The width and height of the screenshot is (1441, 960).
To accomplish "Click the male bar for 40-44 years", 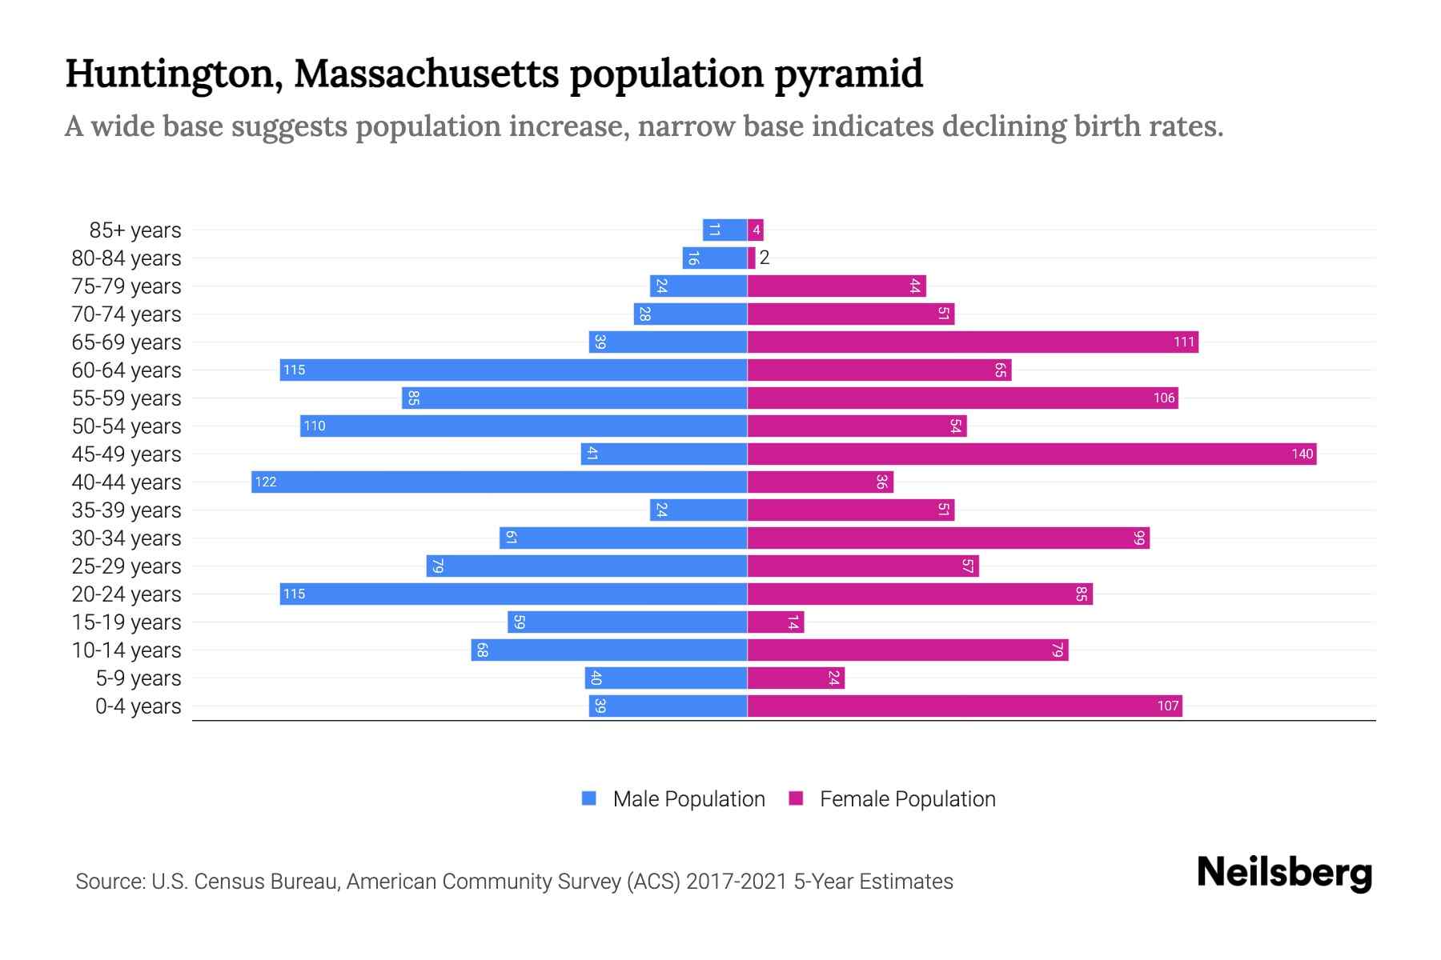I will coord(499,482).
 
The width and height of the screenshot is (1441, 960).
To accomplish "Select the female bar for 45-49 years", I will coord(1032,454).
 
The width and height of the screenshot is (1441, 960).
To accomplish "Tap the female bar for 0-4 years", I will coord(965,706).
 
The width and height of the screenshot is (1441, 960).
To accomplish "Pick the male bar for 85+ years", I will coord(725,230).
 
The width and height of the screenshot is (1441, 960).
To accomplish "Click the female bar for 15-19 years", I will coord(775,622).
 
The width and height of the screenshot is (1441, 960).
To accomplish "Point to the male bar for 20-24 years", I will coord(513,594).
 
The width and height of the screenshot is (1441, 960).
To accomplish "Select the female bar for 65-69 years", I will coord(973,342).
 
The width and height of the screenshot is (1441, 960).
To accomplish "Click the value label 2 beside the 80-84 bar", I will coord(765,258).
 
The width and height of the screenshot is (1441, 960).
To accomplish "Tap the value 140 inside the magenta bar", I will coord(1302,454).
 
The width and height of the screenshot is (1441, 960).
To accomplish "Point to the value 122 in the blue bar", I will coord(266,482).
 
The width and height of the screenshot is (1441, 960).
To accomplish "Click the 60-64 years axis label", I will coord(126,370).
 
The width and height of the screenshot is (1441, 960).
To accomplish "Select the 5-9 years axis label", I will coord(138,678).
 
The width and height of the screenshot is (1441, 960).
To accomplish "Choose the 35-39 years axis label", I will coord(126,510).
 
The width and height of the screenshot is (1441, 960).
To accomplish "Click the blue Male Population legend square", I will coord(589,798).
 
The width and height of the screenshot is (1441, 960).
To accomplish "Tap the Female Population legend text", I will coord(907,798).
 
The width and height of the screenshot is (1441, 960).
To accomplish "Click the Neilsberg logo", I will coord(1284,873).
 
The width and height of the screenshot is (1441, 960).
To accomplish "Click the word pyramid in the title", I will coord(849,74).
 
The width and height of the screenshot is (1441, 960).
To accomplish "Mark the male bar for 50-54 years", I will coord(524,426).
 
